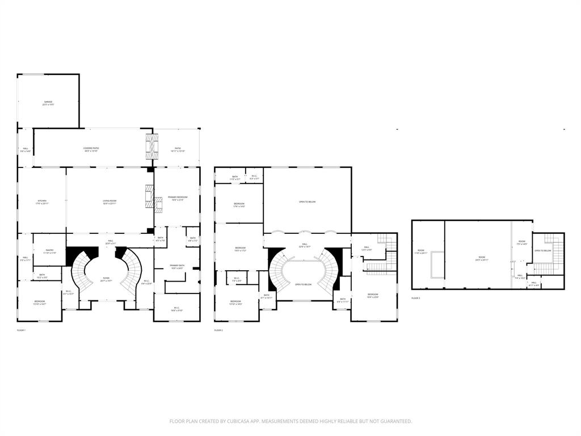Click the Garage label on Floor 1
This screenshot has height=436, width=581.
[48, 103]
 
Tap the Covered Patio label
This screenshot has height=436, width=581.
[91, 149]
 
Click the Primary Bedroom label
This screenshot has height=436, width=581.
[177, 198]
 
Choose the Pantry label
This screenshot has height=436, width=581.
[49, 251]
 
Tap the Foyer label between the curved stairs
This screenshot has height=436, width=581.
[106, 279]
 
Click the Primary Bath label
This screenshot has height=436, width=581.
[176, 266]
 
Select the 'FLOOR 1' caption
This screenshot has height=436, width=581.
[21, 330]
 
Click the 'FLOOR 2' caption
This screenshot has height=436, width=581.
[218, 330]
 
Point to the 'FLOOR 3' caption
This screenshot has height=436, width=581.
[416, 297]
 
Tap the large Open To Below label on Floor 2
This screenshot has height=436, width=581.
[307, 202]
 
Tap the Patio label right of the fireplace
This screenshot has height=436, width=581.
[178, 149]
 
